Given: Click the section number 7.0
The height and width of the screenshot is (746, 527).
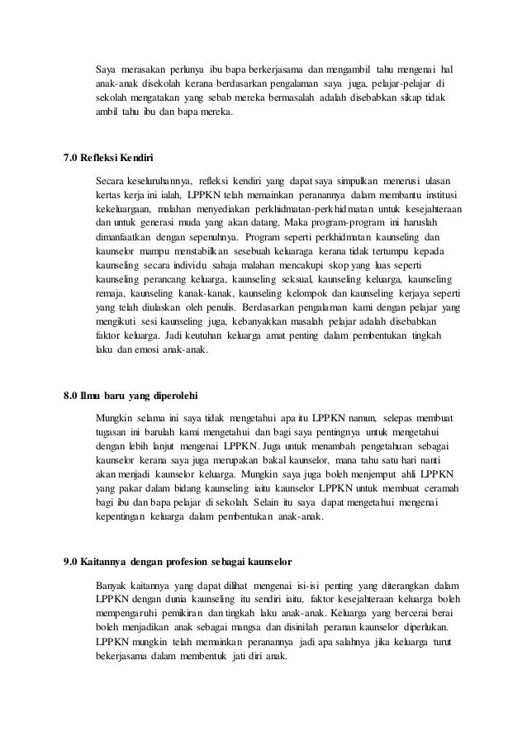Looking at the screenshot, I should click(72, 158).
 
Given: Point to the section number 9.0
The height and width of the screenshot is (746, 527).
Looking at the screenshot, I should click(72, 564).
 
